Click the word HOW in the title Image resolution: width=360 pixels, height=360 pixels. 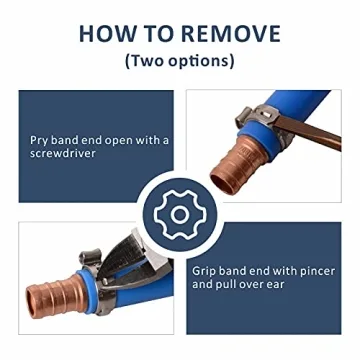[x=106, y=33]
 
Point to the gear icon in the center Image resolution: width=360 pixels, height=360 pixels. [x=180, y=212]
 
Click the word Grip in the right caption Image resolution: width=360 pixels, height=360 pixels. [x=206, y=269]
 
